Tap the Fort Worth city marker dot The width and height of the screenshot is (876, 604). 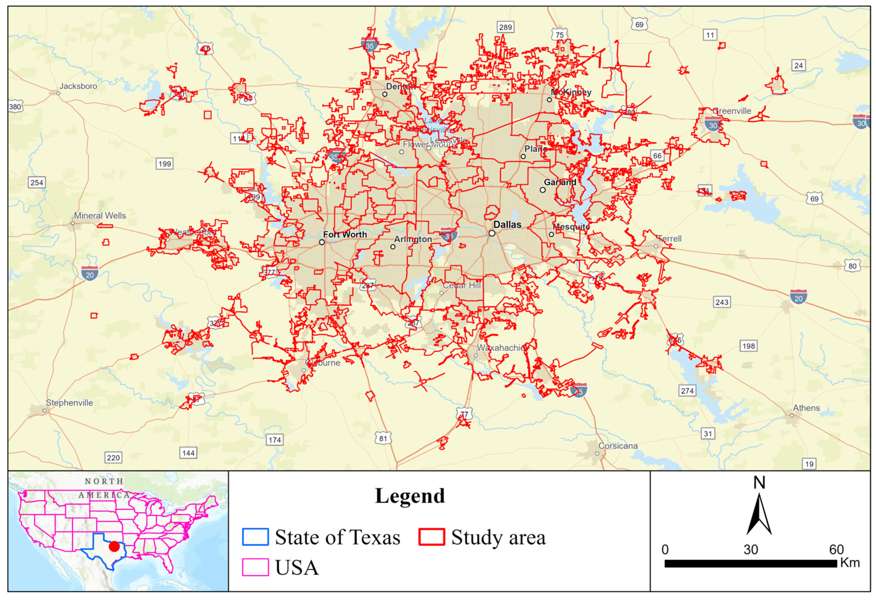click(322, 242)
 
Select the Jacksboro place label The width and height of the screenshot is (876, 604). click(78, 86)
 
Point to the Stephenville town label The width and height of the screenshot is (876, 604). click(69, 403)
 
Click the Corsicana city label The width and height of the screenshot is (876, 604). click(618, 446)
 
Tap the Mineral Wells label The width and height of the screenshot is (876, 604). click(100, 216)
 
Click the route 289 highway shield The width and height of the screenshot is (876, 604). click(505, 27)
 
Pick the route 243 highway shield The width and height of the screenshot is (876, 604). click(722, 302)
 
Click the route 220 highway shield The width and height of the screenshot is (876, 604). click(113, 458)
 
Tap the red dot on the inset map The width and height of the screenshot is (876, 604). click(114, 547)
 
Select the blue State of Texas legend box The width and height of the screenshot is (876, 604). click(255, 537)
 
